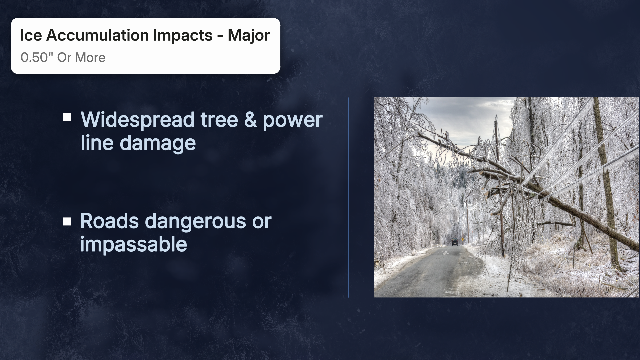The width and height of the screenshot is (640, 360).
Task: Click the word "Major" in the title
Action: (248, 35)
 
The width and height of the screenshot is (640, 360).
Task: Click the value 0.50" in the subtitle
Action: (35, 58)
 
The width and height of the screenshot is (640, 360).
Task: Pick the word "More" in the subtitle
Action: (90, 58)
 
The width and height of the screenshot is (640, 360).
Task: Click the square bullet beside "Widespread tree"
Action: (67, 117)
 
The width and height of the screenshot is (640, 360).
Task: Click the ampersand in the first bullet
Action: (250, 120)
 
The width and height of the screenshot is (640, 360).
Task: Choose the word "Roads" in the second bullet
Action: (109, 221)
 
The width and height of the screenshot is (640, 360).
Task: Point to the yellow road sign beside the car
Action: (462, 239)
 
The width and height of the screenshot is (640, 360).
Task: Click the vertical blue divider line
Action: (348, 197)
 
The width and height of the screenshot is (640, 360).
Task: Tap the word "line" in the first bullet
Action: (97, 143)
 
